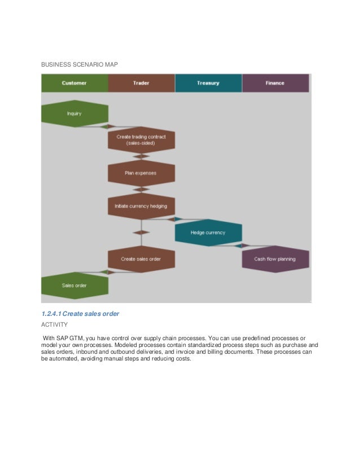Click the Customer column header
point(74,83)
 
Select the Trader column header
point(141,83)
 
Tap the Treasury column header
point(208,83)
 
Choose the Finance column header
point(275,83)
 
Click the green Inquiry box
point(74,113)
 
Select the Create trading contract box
point(141,140)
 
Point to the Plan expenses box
point(141,173)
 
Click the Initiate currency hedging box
point(141,206)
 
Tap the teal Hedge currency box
point(208,232)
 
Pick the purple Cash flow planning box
point(275,259)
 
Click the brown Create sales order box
point(141,259)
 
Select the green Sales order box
point(74,285)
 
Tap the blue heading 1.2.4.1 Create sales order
point(80,313)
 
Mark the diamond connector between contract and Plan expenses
point(141,156)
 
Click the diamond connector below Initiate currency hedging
point(141,232)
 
